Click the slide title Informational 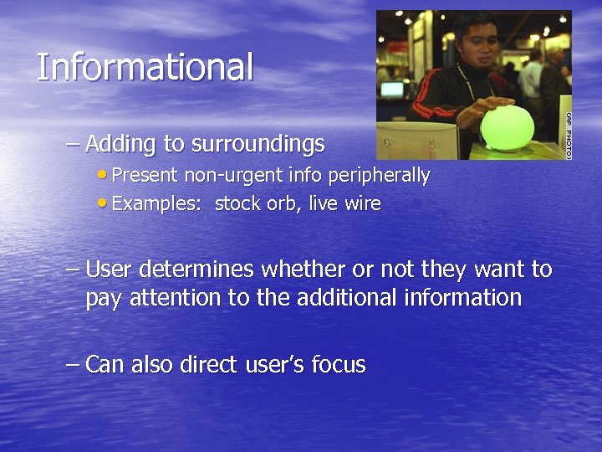145,67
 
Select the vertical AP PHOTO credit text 567,133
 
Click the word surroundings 258,144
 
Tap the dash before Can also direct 73,365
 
